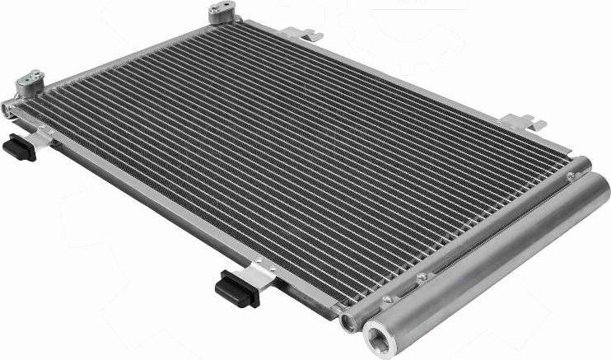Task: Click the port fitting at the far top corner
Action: pyautogui.click(x=221, y=12)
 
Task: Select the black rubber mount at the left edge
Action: pyautogui.click(x=19, y=148)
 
